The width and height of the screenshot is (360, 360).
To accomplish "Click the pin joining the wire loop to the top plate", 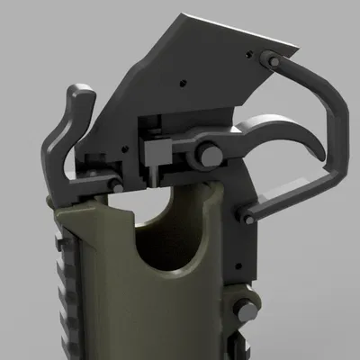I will (x=268, y=60).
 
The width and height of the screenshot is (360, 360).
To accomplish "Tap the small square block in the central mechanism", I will (x=160, y=147).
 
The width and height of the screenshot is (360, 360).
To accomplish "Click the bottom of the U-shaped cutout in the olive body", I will (x=170, y=271).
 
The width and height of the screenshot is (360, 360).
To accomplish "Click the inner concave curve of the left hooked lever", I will (x=70, y=135).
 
